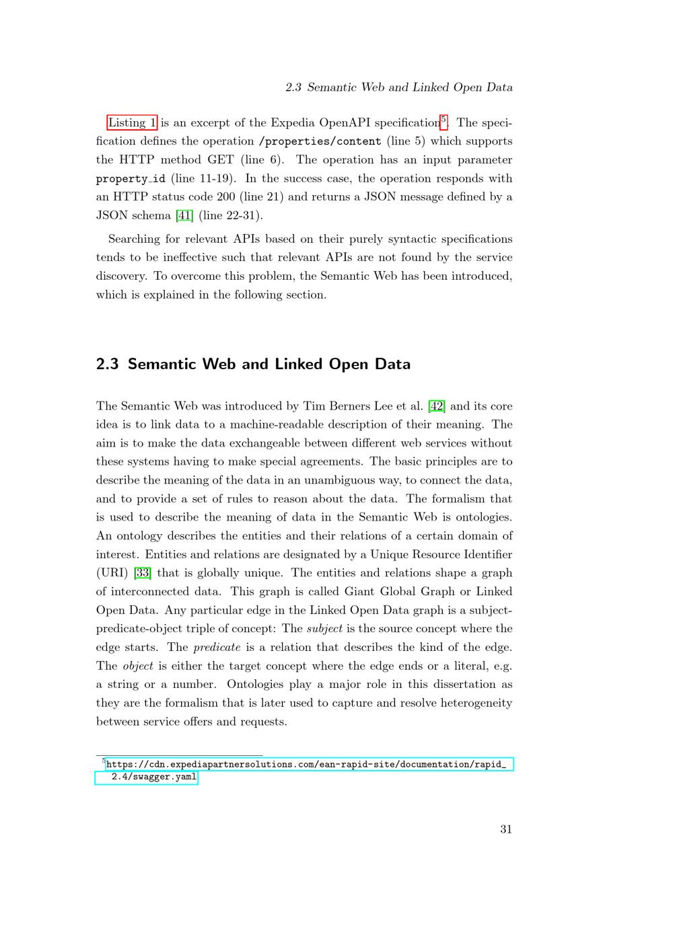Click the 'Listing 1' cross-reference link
click(133, 122)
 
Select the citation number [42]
click(437, 406)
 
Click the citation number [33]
click(143, 573)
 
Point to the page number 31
click(506, 829)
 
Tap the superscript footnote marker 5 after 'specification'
click(443, 120)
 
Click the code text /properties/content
click(320, 141)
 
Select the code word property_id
click(131, 179)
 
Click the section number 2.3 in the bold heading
click(107, 364)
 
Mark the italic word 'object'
click(138, 666)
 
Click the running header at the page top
click(398, 87)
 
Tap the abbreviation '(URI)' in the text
click(112, 573)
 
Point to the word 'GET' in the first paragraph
click(221, 160)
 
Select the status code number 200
click(225, 197)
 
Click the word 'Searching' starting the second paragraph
click(134, 239)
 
